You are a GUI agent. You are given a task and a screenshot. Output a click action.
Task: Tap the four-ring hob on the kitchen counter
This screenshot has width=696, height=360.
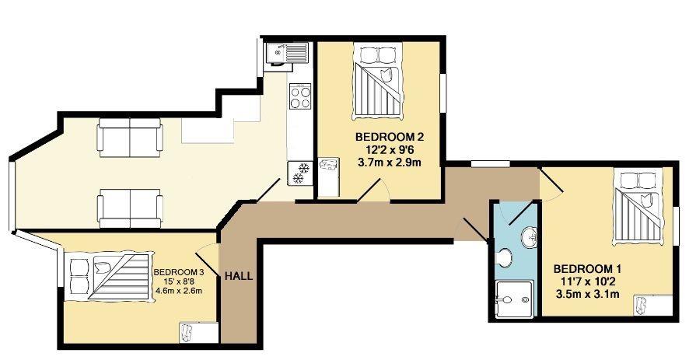click(300, 97)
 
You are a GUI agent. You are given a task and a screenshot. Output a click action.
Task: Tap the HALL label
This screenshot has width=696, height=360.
click(239, 275)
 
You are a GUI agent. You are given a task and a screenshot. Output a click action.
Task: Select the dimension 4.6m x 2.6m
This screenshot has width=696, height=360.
click(177, 292)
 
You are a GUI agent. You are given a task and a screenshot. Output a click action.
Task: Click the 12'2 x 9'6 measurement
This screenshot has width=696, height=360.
click(379, 150)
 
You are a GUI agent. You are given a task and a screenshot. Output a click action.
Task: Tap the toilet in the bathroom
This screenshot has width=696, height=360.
click(504, 257)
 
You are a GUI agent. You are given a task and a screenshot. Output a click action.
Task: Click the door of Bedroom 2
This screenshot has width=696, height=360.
click(377, 190)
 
